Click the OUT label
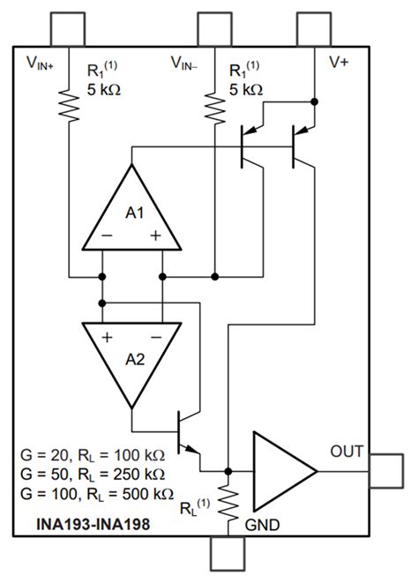(347, 452)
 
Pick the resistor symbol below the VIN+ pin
(69, 107)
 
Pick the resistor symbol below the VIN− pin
(214, 107)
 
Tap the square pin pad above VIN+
(69, 29)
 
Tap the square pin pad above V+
(315, 29)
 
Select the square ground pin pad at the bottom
(228, 556)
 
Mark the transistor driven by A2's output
(186, 432)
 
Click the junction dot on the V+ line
(315, 101)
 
